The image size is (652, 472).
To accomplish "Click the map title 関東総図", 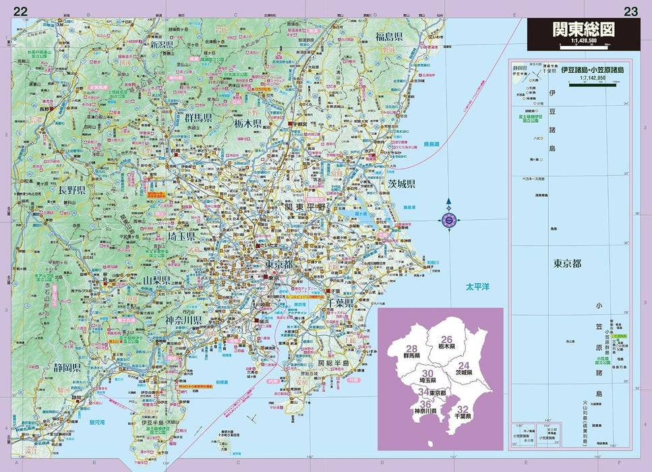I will tap(583, 30).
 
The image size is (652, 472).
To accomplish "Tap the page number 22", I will tap(21, 10).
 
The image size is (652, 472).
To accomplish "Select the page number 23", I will tap(630, 10).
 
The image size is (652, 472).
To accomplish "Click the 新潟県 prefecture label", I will tap(162, 45).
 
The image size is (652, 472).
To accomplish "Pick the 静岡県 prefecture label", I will tap(67, 368).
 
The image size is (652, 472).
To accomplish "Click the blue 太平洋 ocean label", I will tap(477, 287).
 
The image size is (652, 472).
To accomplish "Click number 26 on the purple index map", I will tap(446, 340).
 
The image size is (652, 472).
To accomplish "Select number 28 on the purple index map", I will tap(411, 349).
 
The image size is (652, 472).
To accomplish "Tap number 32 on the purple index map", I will tap(463, 409).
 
